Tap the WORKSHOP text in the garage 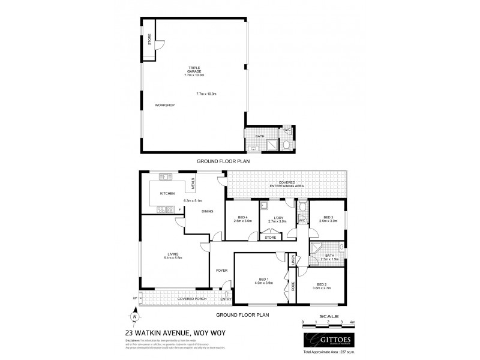click(164, 105)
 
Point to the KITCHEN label click(167, 194)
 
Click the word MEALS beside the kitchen click(193, 182)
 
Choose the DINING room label click(208, 211)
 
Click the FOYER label click(221, 271)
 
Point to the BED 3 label click(328, 218)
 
